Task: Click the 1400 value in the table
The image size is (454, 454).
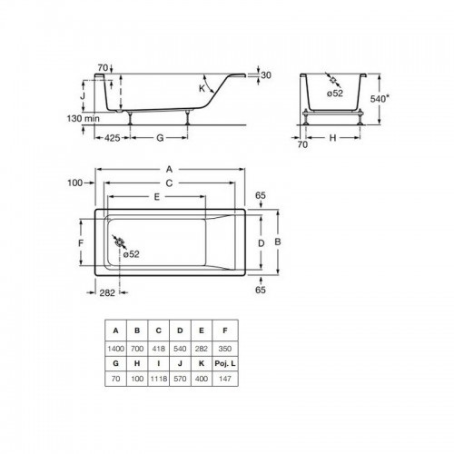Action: point(115,349)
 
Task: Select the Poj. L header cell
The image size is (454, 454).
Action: point(225,363)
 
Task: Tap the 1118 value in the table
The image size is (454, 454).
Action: point(159,379)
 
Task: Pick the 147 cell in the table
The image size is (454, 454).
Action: point(225,379)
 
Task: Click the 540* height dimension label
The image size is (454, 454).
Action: point(380,99)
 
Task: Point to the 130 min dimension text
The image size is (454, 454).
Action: point(83,118)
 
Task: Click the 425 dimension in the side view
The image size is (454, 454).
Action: point(112,138)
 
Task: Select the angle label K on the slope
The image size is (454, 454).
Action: point(202,89)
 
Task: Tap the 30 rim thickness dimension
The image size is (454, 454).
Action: point(266,75)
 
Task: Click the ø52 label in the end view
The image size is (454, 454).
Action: point(335,94)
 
